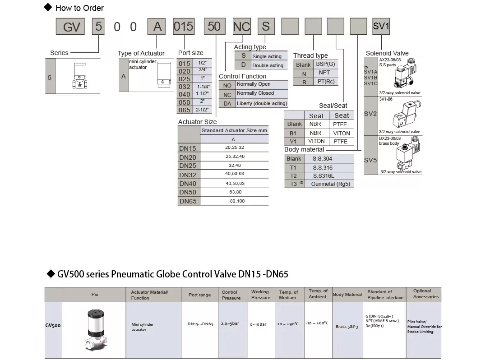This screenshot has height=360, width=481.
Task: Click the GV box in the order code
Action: pyautogui.click(x=70, y=26)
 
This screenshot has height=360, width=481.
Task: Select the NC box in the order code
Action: pyautogui.click(x=242, y=26)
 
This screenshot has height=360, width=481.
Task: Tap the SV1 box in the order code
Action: pyautogui.click(x=381, y=26)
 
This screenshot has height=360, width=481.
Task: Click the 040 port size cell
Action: pyautogui.click(x=185, y=94)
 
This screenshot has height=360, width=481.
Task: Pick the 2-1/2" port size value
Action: pyautogui.click(x=202, y=110)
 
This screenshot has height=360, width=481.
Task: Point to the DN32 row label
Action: pyautogui.click(x=188, y=175)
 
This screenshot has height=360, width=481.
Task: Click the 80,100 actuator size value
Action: pyautogui.click(x=237, y=201)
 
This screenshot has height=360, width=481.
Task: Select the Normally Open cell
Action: pyautogui.click(x=261, y=84)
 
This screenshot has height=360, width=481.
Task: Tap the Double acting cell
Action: pyautogui.click(x=268, y=65)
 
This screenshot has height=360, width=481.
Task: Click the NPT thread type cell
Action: pyautogui.click(x=324, y=73)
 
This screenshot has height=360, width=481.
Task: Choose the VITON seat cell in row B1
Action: pyautogui.click(x=342, y=134)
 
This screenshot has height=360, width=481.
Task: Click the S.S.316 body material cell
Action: pyautogui.click(x=323, y=167)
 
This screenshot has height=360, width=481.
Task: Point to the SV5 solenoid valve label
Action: pyautogui.click(x=370, y=160)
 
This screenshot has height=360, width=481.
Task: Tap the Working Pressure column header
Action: pyautogui.click(x=261, y=295)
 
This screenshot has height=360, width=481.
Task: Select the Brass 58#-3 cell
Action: pyautogui.click(x=347, y=327)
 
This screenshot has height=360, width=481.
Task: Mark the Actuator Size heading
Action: pyautogui.click(x=197, y=122)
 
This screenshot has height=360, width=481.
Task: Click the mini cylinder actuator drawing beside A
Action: pyautogui.click(x=164, y=75)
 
